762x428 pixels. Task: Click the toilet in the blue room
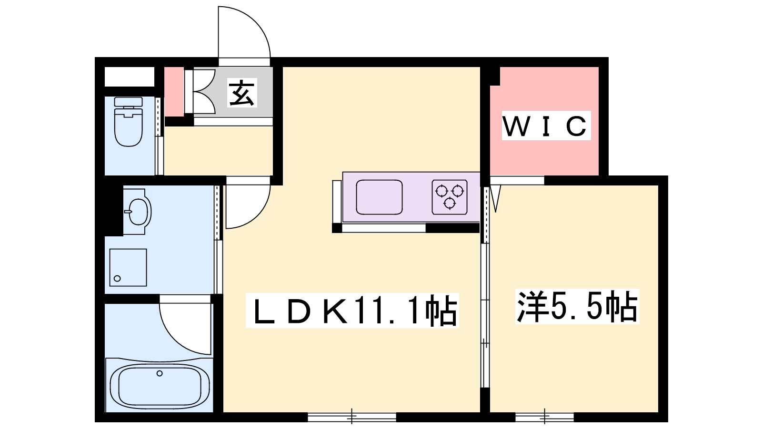(128, 122)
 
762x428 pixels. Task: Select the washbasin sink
(137, 211)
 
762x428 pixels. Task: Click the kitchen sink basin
(379, 197)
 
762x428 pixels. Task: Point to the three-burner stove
(450, 197)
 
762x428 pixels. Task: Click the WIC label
(546, 126)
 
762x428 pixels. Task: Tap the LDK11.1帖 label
(352, 311)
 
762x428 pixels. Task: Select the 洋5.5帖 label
(577, 306)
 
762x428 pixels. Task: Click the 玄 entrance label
(242, 93)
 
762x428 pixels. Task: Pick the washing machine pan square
(128, 267)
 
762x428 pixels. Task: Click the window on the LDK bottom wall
(352, 417)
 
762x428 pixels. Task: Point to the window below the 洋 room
(545, 417)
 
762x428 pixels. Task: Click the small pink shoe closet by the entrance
(174, 92)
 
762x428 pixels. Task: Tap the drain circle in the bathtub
(160, 373)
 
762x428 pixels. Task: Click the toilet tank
(128, 102)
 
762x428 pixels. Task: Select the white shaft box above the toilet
(129, 77)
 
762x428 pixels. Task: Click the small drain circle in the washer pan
(117, 279)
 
